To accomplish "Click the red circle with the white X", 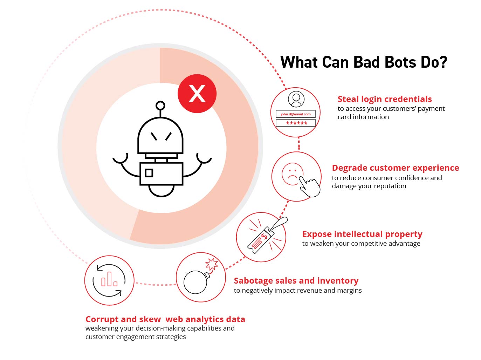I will point(197,94).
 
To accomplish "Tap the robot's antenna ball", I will point(160,106).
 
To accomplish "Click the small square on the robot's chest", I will point(149,173).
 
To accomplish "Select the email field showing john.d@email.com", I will point(296,114).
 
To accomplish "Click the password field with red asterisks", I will point(296,123).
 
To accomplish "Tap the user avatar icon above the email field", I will point(296,99).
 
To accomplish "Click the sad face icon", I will point(292,174).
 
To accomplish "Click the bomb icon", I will point(195,282).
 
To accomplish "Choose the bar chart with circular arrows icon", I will point(109,280).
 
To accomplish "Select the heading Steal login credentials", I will point(384,99).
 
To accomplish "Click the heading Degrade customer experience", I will point(395,168).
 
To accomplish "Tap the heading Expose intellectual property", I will point(362,234).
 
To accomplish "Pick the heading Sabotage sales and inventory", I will point(296,281).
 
